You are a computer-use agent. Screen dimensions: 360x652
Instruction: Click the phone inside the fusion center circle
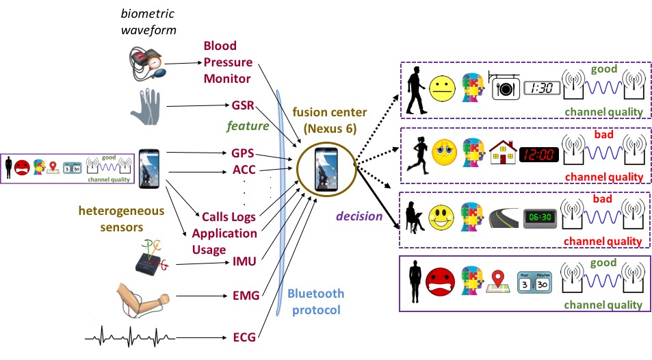point(324,168)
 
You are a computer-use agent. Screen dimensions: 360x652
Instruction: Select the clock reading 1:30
point(542,88)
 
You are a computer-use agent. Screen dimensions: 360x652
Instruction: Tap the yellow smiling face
point(442,218)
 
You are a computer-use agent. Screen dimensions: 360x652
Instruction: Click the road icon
point(504,219)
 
